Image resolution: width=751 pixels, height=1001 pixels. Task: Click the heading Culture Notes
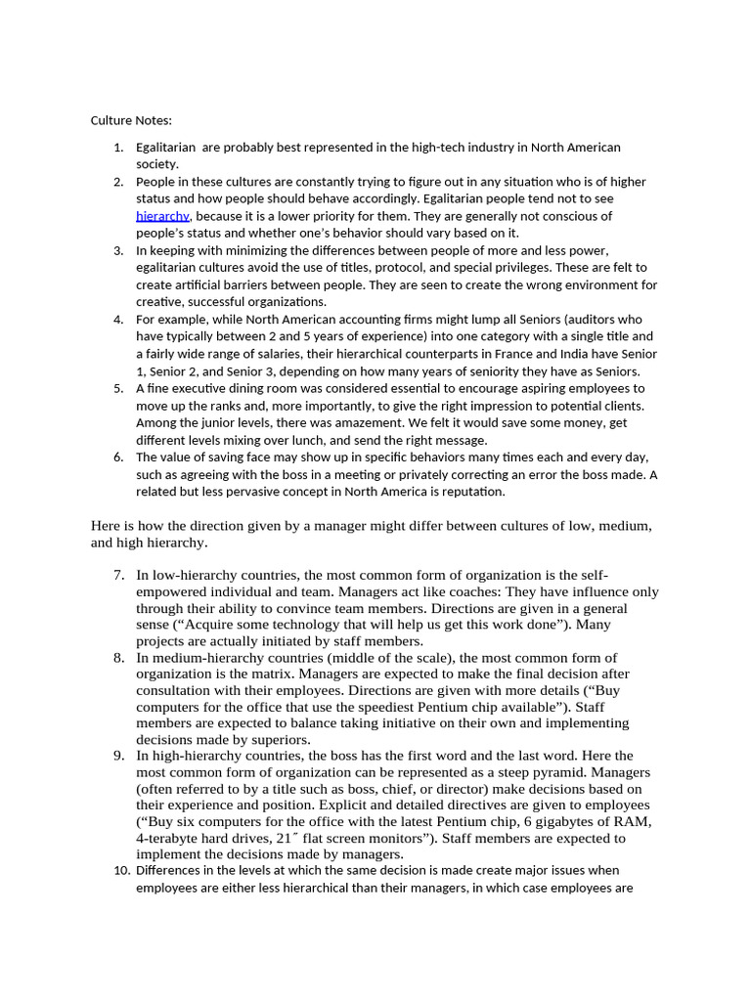[131, 120]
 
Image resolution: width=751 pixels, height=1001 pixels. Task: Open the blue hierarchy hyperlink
[161, 216]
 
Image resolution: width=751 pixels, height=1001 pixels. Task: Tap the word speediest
[419, 707]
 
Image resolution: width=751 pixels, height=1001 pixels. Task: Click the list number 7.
[118, 575]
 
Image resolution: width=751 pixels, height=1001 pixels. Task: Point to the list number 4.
[118, 320]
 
